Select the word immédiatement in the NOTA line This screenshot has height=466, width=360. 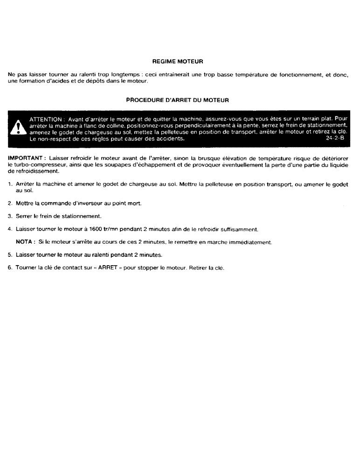tap(256, 242)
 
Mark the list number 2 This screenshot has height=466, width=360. tap(10, 204)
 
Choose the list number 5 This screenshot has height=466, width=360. tap(10, 255)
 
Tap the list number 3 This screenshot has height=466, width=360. tap(10, 216)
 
